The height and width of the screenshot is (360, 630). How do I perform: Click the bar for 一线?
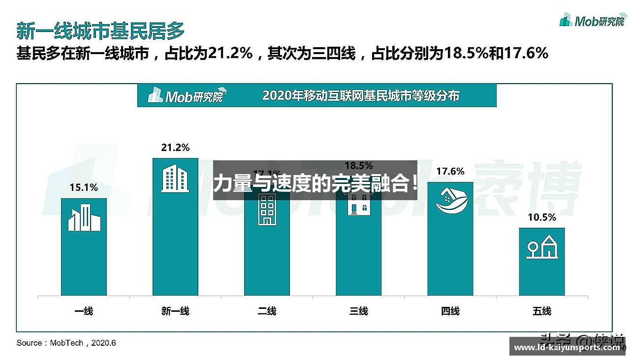(84, 256)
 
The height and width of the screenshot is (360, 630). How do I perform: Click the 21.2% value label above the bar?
(175, 148)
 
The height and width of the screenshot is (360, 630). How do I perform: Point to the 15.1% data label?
(84, 187)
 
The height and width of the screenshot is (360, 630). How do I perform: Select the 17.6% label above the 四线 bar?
(450, 171)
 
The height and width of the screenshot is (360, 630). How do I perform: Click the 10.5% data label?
(542, 217)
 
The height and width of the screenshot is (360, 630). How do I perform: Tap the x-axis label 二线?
(267, 311)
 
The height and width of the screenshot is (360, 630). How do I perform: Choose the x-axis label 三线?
(358, 311)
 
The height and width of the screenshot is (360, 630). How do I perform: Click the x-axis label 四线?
(450, 311)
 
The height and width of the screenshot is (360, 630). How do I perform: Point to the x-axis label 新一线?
(175, 311)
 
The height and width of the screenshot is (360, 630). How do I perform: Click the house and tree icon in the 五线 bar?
(542, 247)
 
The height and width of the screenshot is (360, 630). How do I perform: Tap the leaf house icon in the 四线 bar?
(450, 202)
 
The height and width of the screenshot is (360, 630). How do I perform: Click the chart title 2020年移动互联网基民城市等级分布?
(361, 95)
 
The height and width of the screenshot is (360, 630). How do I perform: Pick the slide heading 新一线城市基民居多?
(100, 30)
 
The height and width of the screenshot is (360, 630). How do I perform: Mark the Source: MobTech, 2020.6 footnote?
(66, 343)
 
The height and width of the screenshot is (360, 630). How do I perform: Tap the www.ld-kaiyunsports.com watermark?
(567, 348)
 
